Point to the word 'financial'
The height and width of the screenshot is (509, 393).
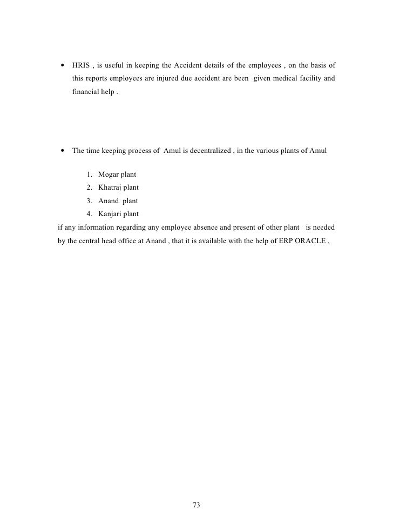[86, 92]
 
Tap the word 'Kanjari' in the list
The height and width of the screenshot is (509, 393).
[111, 213]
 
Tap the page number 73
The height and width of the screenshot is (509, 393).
[196, 490]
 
